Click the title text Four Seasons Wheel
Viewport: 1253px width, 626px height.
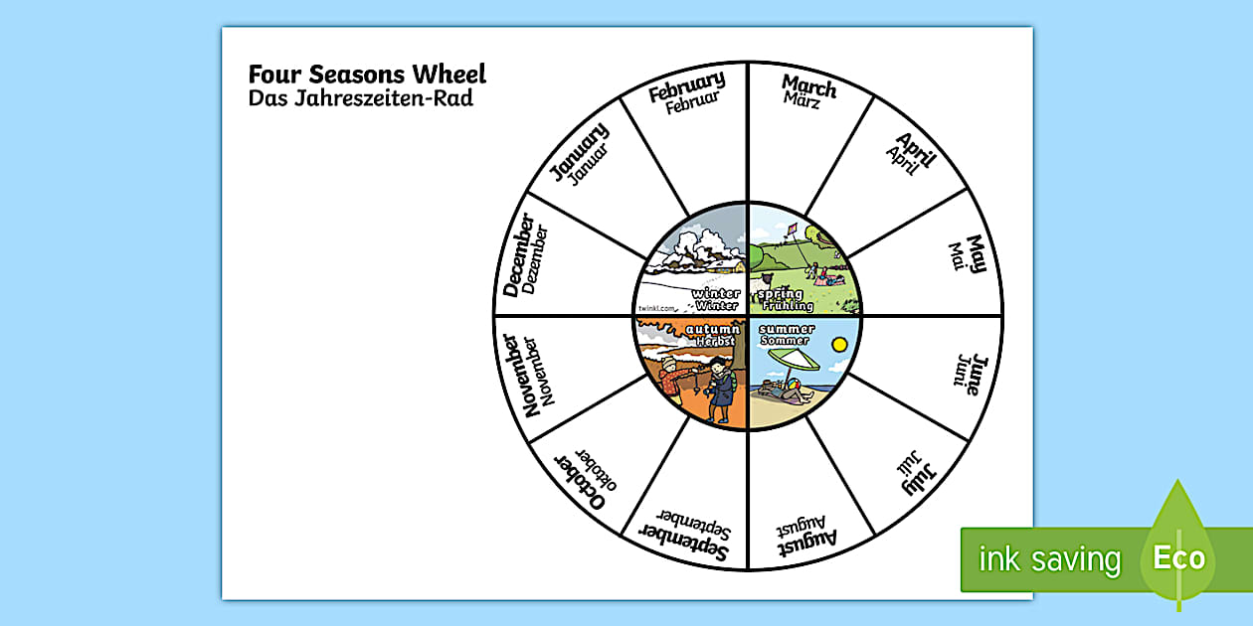[367, 75]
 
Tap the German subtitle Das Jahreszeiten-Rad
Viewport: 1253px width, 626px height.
[360, 98]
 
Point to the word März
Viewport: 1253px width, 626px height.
[801, 99]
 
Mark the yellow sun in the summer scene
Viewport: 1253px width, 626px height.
[839, 345]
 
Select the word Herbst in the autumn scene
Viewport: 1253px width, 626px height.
[715, 341]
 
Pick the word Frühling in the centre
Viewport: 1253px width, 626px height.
[786, 306]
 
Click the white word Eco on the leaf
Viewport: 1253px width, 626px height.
[1179, 557]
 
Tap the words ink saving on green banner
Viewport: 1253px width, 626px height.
[1049, 559]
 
